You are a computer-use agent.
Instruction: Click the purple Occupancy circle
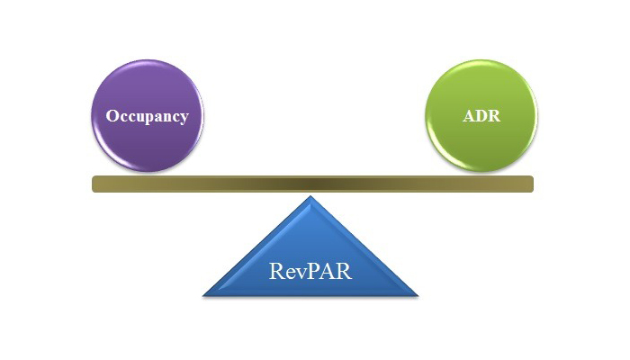coord(148,116)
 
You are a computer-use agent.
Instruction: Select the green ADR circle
coord(481,116)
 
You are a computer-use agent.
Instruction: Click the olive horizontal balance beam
coord(312,184)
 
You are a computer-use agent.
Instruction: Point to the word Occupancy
coord(148,116)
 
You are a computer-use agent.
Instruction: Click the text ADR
coord(481,116)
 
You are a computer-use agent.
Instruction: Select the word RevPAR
coord(310,271)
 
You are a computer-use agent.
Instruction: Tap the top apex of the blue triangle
coord(310,196)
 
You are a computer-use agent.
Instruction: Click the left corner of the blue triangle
coord(202,296)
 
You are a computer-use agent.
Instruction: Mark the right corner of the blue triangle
coord(418,296)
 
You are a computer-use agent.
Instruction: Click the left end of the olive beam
coord(93,184)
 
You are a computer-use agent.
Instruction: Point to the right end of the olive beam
coord(533,184)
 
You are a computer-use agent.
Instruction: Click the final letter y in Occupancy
coord(184,119)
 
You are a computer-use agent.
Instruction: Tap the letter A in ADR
coord(469,116)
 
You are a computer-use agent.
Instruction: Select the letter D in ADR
coord(481,116)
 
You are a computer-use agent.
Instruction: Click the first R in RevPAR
coord(276,271)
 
